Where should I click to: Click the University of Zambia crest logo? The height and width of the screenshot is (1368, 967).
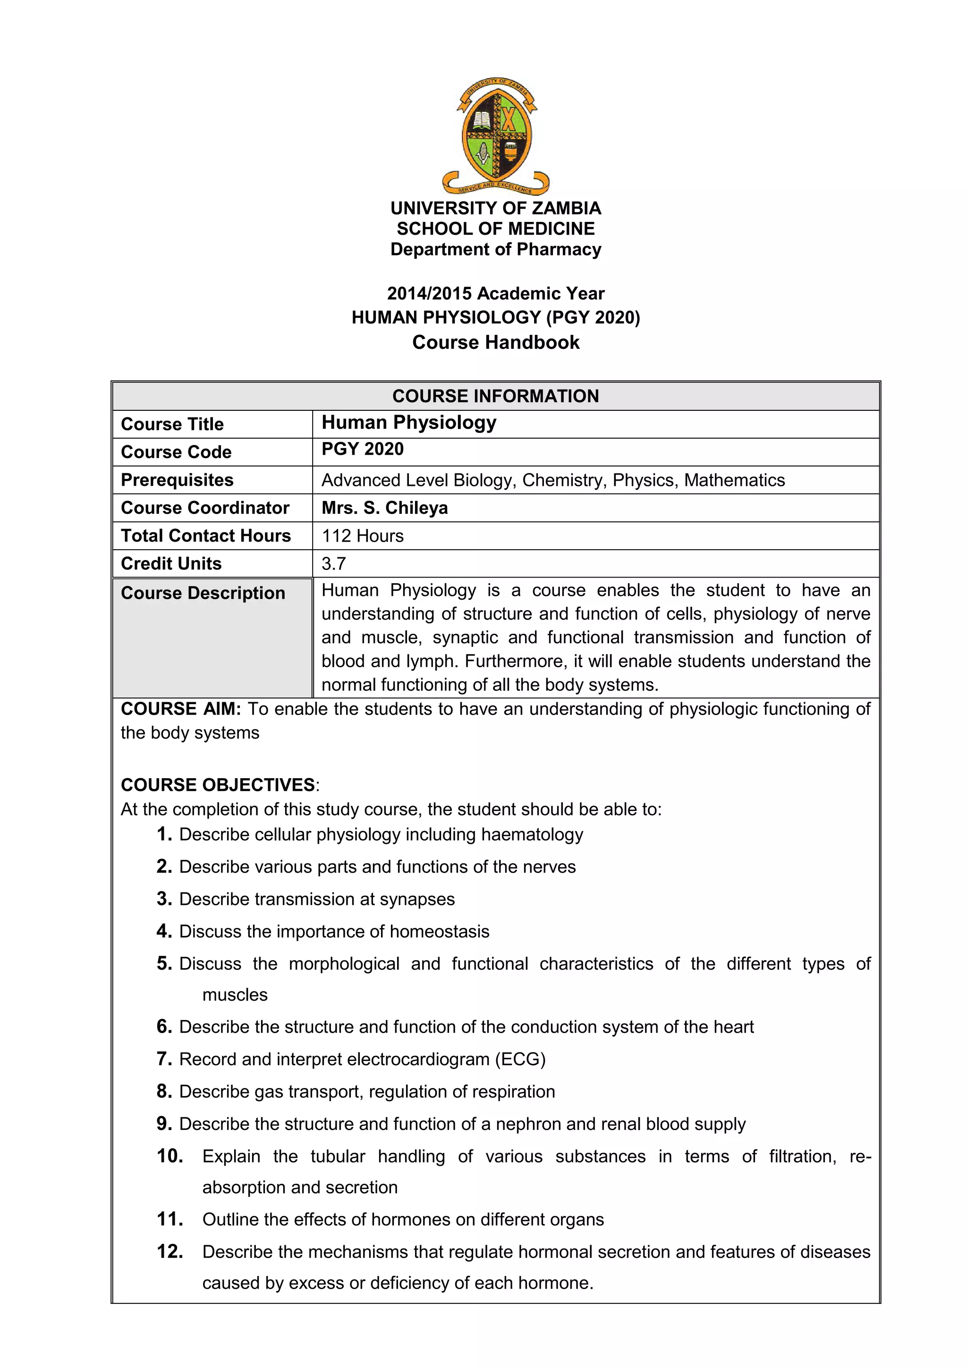coord(496,136)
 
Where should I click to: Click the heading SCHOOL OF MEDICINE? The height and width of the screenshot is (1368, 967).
coord(496,229)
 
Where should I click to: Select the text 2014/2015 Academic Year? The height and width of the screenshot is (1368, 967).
coord(496,293)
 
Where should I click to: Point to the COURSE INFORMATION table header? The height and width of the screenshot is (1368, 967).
coord(496,396)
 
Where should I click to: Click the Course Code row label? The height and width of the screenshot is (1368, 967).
coord(177,452)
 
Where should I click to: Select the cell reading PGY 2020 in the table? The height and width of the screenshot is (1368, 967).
coord(363,449)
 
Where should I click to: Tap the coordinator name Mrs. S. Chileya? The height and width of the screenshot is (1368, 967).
coord(385,508)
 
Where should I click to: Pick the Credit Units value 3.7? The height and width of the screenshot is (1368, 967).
coord(334,564)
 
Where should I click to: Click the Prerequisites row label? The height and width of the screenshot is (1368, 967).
coord(177,480)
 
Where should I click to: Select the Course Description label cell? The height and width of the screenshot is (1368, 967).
coord(203,594)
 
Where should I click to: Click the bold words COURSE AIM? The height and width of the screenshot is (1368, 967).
coord(180,709)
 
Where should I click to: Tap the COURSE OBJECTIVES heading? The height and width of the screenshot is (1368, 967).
coord(218,785)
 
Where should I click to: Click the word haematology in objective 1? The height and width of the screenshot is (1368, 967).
coord(532,835)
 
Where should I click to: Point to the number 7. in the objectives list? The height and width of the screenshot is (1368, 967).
coord(164,1059)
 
